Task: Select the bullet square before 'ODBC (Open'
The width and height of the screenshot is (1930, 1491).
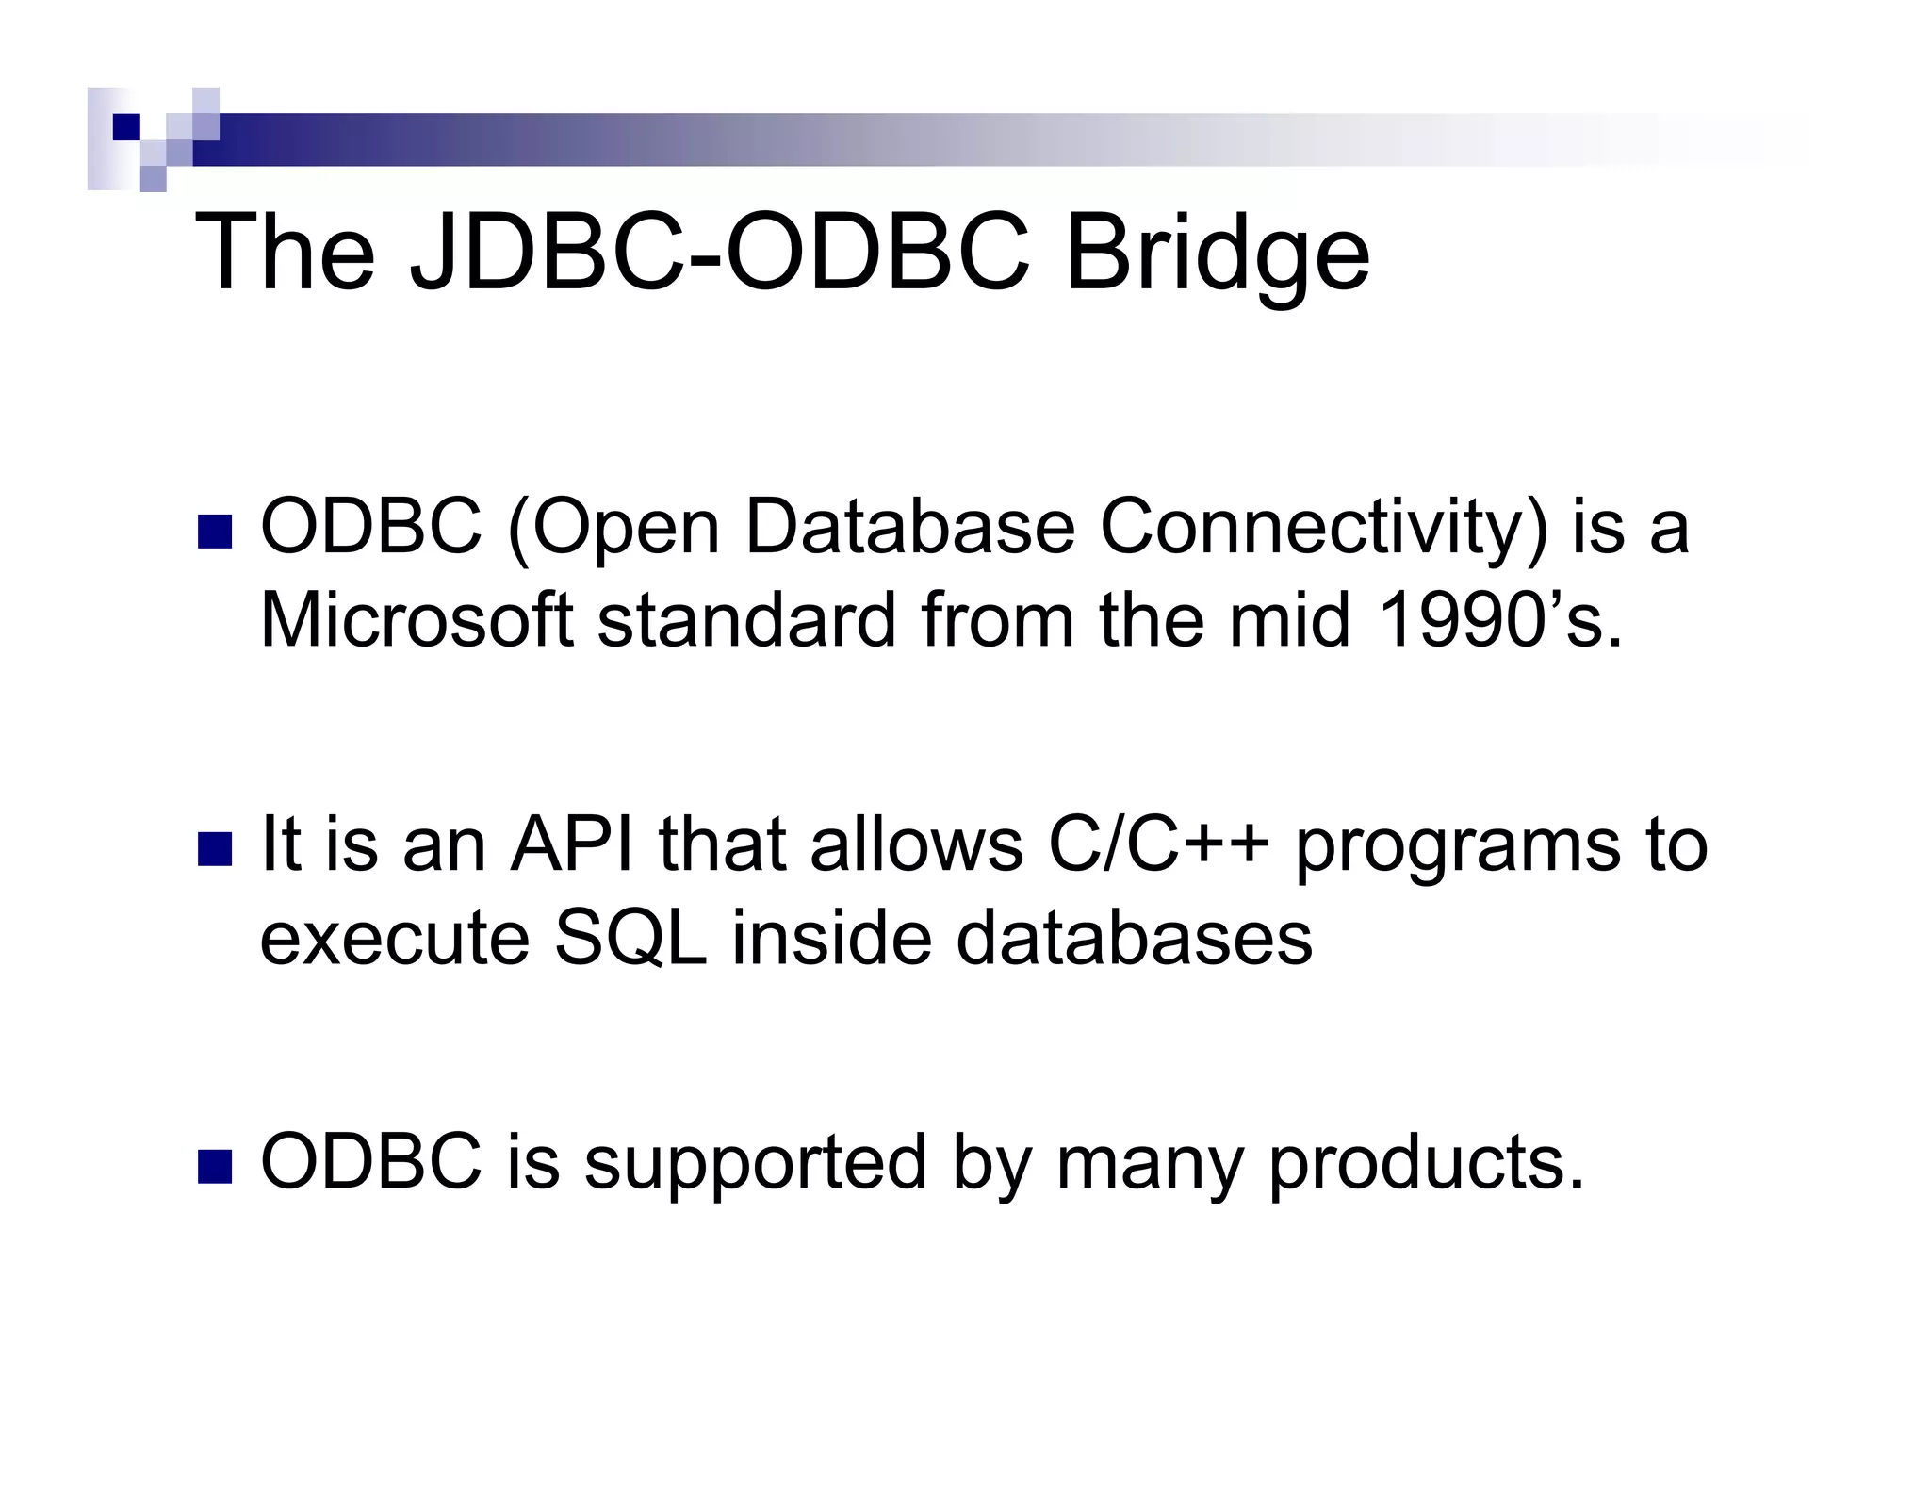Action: [x=215, y=532]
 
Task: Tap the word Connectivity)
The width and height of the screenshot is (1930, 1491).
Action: [x=1323, y=528]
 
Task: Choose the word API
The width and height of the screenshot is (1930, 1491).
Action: [x=571, y=844]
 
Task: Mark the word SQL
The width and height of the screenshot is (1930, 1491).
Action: [x=630, y=940]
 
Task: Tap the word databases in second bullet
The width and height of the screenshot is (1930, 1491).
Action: [x=1134, y=938]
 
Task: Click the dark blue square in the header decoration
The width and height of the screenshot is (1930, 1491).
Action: [x=125, y=126]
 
